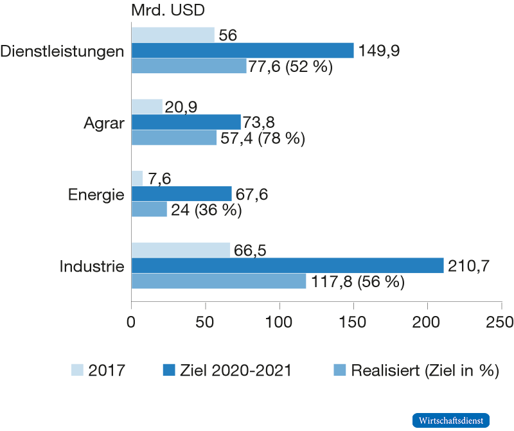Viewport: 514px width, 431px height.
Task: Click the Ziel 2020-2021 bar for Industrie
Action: pyautogui.click(x=288, y=265)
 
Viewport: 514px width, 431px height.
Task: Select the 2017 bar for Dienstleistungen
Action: pyautogui.click(x=173, y=35)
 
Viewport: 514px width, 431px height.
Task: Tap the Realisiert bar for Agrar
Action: pyautogui.click(x=174, y=137)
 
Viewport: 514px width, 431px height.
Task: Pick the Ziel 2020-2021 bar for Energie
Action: pyautogui.click(x=181, y=193)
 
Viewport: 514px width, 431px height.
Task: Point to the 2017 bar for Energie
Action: pyautogui.click(x=137, y=178)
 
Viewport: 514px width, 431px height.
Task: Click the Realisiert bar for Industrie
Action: pyautogui.click(x=218, y=281)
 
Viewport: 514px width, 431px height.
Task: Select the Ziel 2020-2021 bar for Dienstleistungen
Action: pyautogui.click(x=242, y=50)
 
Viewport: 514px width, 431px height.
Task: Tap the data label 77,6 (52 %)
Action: pyautogui.click(x=290, y=66)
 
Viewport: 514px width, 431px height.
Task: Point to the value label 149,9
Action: pyautogui.click(x=378, y=51)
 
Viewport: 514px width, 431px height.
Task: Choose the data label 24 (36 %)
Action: pyautogui.click(x=206, y=210)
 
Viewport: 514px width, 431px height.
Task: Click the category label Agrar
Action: pyautogui.click(x=103, y=123)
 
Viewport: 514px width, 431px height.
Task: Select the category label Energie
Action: pyautogui.click(x=96, y=194)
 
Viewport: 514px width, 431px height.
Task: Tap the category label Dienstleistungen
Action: pyautogui.click(x=62, y=51)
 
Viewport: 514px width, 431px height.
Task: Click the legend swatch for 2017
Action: pyautogui.click(x=77, y=369)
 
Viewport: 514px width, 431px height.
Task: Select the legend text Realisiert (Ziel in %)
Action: pyautogui.click(x=425, y=370)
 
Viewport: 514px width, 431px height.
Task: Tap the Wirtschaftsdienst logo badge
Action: pyautogui.click(x=451, y=420)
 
